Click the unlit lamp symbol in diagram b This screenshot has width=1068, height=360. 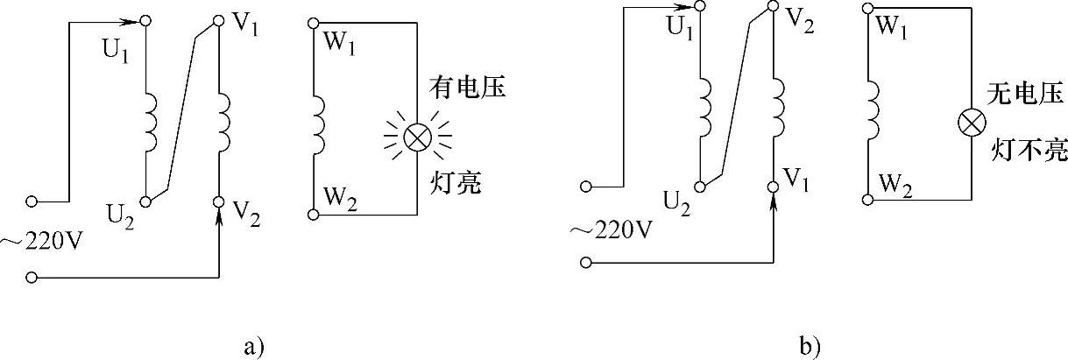(x=972, y=123)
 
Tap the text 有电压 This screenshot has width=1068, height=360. (x=467, y=88)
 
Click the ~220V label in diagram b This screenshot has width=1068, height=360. (x=611, y=229)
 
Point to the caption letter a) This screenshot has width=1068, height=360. (x=252, y=346)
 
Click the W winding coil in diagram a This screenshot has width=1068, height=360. (x=318, y=122)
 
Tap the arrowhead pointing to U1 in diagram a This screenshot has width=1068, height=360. (x=134, y=20)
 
